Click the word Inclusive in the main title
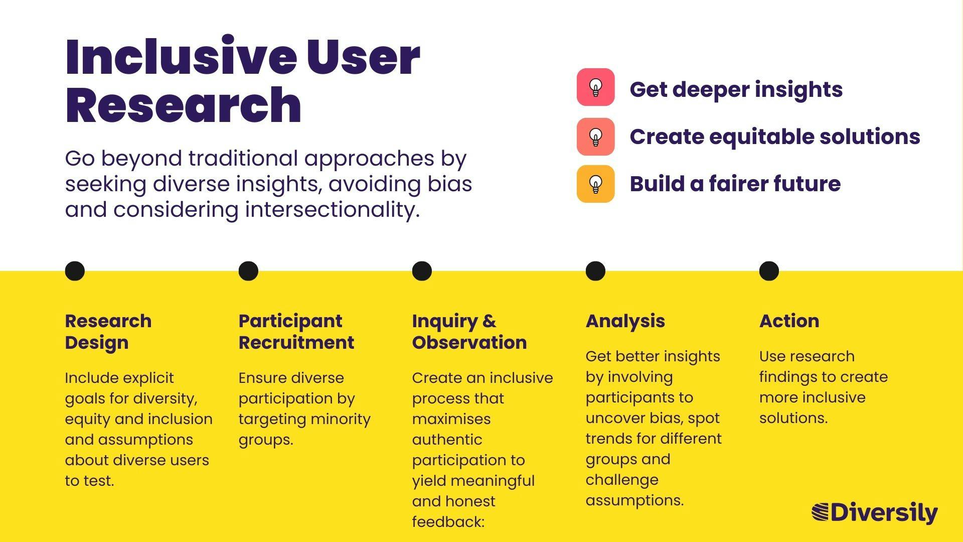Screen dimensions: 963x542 pyautogui.click(x=181, y=56)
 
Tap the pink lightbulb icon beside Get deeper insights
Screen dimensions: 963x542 pyautogui.click(x=595, y=87)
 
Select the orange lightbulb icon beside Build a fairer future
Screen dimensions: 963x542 pyautogui.click(x=595, y=184)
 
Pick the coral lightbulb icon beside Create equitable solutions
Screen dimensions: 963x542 pyautogui.click(x=595, y=137)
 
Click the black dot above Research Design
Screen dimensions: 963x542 pyautogui.click(x=75, y=271)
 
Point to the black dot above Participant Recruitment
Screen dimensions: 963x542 pyautogui.click(x=248, y=271)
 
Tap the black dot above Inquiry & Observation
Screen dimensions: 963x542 pyautogui.click(x=422, y=271)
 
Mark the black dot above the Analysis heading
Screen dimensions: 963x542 pyautogui.click(x=595, y=271)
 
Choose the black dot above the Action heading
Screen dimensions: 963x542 pyautogui.click(x=769, y=271)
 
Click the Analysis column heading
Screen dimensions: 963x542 pyautogui.click(x=625, y=321)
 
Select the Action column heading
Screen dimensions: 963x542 pyautogui.click(x=789, y=321)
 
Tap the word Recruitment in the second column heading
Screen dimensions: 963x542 pyautogui.click(x=296, y=342)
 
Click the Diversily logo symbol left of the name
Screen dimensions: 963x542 pyautogui.click(x=821, y=512)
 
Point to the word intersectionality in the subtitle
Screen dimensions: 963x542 pyautogui.click(x=332, y=209)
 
